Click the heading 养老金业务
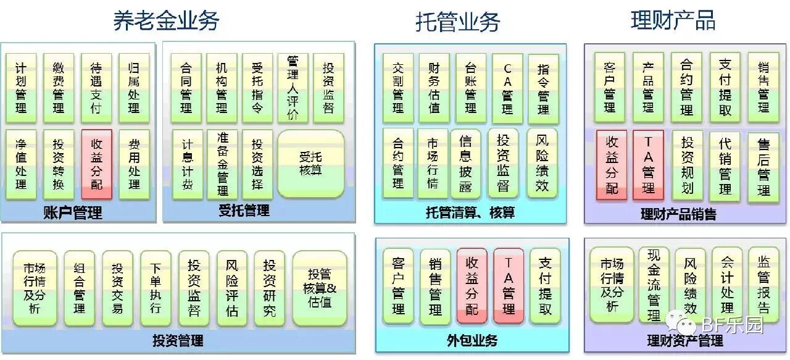(166, 21)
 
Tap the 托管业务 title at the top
(457, 22)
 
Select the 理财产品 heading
(673, 20)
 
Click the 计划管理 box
(21, 87)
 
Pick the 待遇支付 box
(96, 87)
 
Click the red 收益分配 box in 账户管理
(96, 164)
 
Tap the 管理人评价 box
(293, 87)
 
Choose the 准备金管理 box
(222, 164)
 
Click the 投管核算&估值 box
(319, 288)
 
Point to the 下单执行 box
(156, 288)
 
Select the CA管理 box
(507, 88)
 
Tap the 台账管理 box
(470, 88)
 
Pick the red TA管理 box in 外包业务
(509, 286)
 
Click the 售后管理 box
(763, 167)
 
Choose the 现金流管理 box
(654, 285)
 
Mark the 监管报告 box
(763, 285)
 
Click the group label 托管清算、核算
(470, 213)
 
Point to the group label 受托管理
(244, 211)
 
